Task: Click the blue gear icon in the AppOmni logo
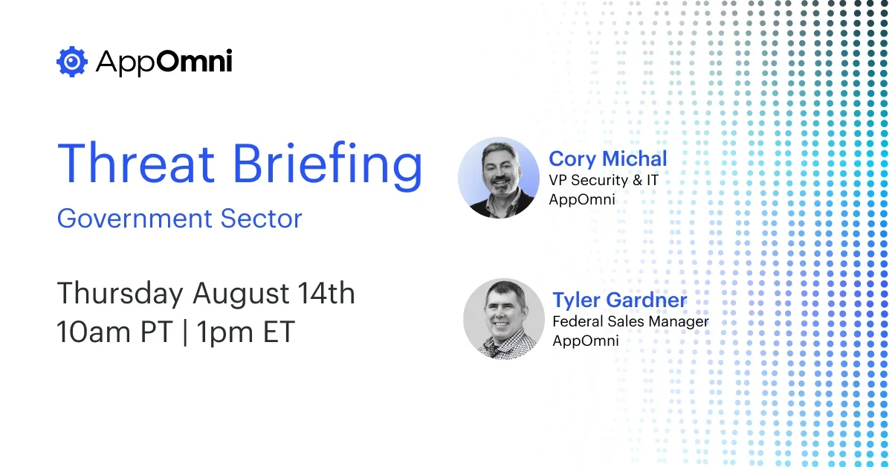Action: coord(72,62)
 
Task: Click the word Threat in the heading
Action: coord(136,164)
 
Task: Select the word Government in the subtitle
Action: coord(135,219)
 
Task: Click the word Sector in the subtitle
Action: coord(261,219)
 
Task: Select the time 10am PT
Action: coord(115,331)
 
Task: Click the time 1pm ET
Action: coord(246,332)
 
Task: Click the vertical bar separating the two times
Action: coord(185,332)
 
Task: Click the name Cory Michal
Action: coord(608,158)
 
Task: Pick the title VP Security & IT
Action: coord(604,180)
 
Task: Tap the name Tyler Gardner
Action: coord(620,300)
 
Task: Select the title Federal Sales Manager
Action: coord(630,321)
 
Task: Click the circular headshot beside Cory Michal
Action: coord(499,178)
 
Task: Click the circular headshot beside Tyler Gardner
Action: coord(504,319)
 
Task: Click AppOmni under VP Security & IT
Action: coord(582,199)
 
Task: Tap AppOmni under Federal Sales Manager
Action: coord(586,341)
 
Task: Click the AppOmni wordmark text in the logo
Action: coord(164,62)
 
